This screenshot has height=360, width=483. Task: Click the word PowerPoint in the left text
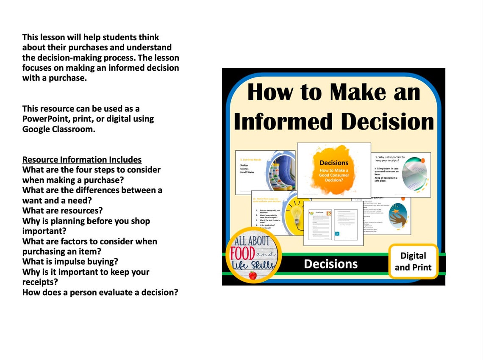(x=46, y=119)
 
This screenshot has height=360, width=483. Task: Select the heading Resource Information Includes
(x=82, y=160)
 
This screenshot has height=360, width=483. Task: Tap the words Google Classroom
(x=58, y=129)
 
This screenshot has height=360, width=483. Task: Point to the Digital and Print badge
(x=413, y=261)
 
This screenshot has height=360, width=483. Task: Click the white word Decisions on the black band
(x=330, y=264)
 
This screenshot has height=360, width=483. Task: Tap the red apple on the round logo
(x=253, y=275)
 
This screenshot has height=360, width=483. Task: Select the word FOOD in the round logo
(x=243, y=254)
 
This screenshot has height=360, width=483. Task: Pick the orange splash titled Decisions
(x=334, y=169)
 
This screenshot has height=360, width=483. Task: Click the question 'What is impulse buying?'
(x=70, y=262)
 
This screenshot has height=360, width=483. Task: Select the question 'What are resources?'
(x=63, y=210)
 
